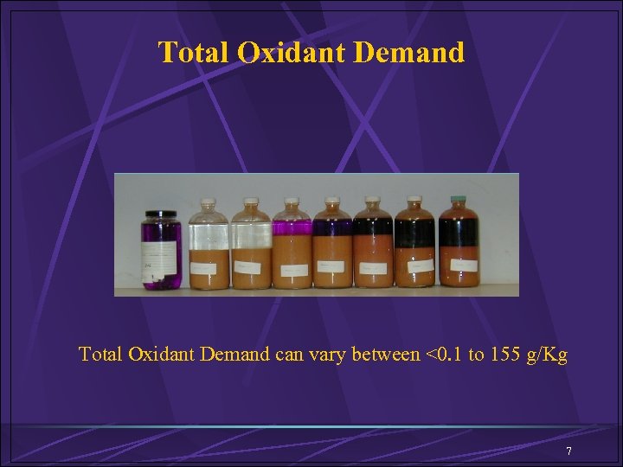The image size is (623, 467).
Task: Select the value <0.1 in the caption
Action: (x=444, y=355)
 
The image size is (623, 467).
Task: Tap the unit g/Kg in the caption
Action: (x=549, y=355)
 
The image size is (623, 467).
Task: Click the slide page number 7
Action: (x=568, y=451)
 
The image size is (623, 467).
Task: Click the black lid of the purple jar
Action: (x=161, y=214)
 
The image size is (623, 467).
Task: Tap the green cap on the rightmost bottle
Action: (x=458, y=201)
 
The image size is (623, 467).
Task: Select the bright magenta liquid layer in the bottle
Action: (x=292, y=227)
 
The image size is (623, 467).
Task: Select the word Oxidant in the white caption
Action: (x=161, y=355)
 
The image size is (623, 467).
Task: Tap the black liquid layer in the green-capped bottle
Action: (x=459, y=232)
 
